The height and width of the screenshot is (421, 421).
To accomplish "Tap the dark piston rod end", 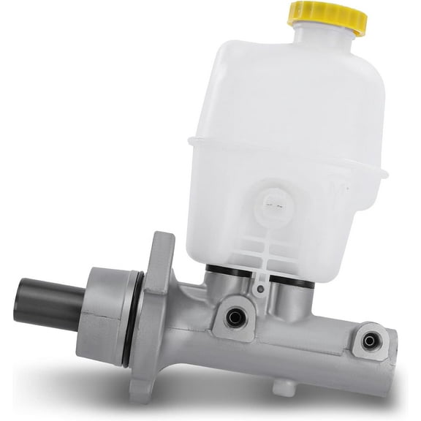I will (x=44, y=302).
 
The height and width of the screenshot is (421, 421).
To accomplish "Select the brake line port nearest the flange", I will (x=235, y=316).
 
